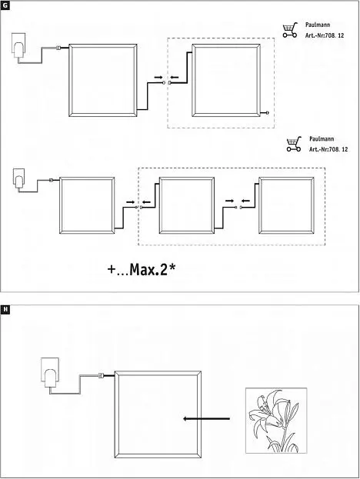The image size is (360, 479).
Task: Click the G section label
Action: pyautogui.click(x=5, y=5)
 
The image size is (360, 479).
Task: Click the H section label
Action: pyautogui.click(x=5, y=310)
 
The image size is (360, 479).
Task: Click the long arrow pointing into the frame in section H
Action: pyautogui.click(x=206, y=418)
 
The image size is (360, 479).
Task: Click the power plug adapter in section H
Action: pyautogui.click(x=50, y=373)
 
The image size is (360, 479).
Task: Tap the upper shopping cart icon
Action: pyautogui.click(x=290, y=30)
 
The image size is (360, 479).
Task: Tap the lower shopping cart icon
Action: pyautogui.click(x=294, y=145)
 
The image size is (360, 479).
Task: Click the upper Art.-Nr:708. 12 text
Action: pyautogui.click(x=325, y=35)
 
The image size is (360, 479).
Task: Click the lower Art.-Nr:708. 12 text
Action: pyautogui.click(x=328, y=149)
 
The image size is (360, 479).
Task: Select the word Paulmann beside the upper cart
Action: pyautogui.click(x=318, y=25)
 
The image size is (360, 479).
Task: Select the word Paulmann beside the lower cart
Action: pyautogui.click(x=322, y=139)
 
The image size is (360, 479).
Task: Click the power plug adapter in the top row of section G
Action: pyautogui.click(x=18, y=45)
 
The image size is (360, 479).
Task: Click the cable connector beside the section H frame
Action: pyautogui.click(x=101, y=375)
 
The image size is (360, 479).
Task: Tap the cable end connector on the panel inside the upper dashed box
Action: pyautogui.click(x=268, y=113)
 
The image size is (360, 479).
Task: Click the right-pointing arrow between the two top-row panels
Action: pyautogui.click(x=158, y=78)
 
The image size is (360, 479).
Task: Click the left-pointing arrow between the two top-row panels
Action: pyautogui.click(x=174, y=78)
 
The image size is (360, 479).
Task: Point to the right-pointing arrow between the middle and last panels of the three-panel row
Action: pyautogui.click(x=230, y=201)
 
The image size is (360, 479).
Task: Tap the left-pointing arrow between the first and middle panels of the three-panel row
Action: pyautogui.click(x=146, y=202)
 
